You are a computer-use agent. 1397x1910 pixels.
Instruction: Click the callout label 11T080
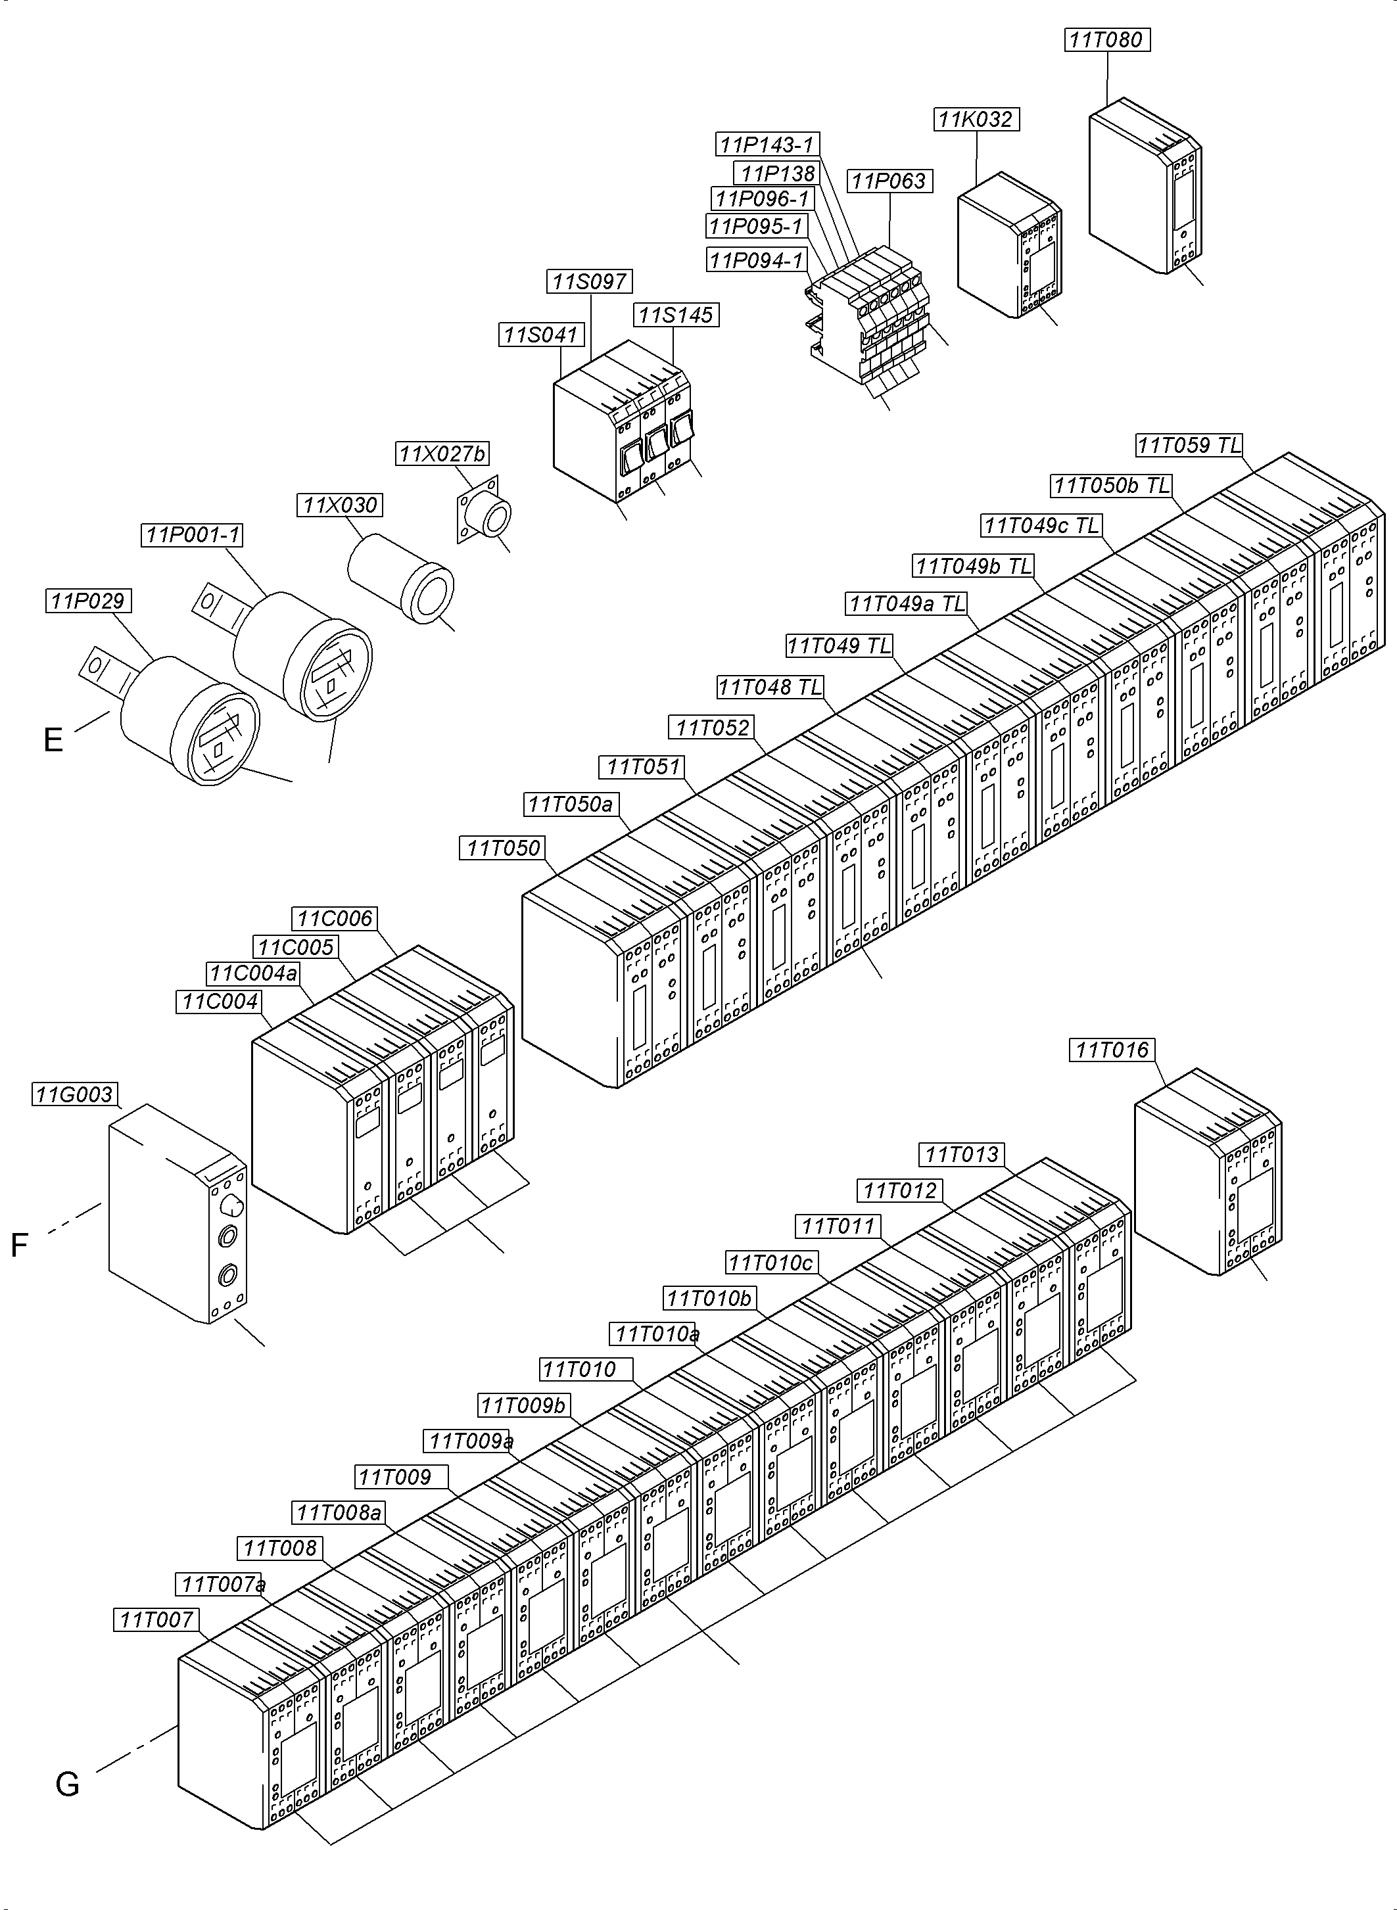coord(1106,39)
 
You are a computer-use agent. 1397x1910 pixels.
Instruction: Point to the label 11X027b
coord(442,454)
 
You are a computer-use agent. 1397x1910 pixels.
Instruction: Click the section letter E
coord(53,741)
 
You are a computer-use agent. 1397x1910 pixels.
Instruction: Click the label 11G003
coord(74,1095)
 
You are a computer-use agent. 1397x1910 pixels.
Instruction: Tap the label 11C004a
coord(254,974)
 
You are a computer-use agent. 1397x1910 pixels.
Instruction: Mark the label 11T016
coord(1112,1050)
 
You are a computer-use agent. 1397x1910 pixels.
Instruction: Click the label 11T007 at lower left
coord(156,1620)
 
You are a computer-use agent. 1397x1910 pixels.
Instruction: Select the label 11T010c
coord(770,1263)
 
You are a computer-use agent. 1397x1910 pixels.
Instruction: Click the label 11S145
coord(675,315)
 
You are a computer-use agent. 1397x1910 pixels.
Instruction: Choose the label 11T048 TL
coord(770,687)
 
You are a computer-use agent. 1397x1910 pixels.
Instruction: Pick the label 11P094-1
coord(756,260)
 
